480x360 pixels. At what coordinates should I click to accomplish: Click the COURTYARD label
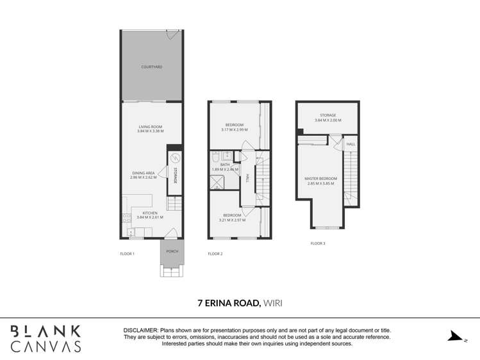pos(151,67)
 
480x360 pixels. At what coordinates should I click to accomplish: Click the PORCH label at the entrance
pos(172,251)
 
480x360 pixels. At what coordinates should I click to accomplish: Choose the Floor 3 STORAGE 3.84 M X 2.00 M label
pos(327,118)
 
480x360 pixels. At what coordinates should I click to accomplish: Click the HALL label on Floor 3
pos(351,145)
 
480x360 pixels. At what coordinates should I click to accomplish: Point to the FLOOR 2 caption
pos(215,254)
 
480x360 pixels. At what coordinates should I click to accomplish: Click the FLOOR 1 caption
pos(127,254)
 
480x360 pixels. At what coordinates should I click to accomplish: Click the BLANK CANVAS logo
pos(45,338)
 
